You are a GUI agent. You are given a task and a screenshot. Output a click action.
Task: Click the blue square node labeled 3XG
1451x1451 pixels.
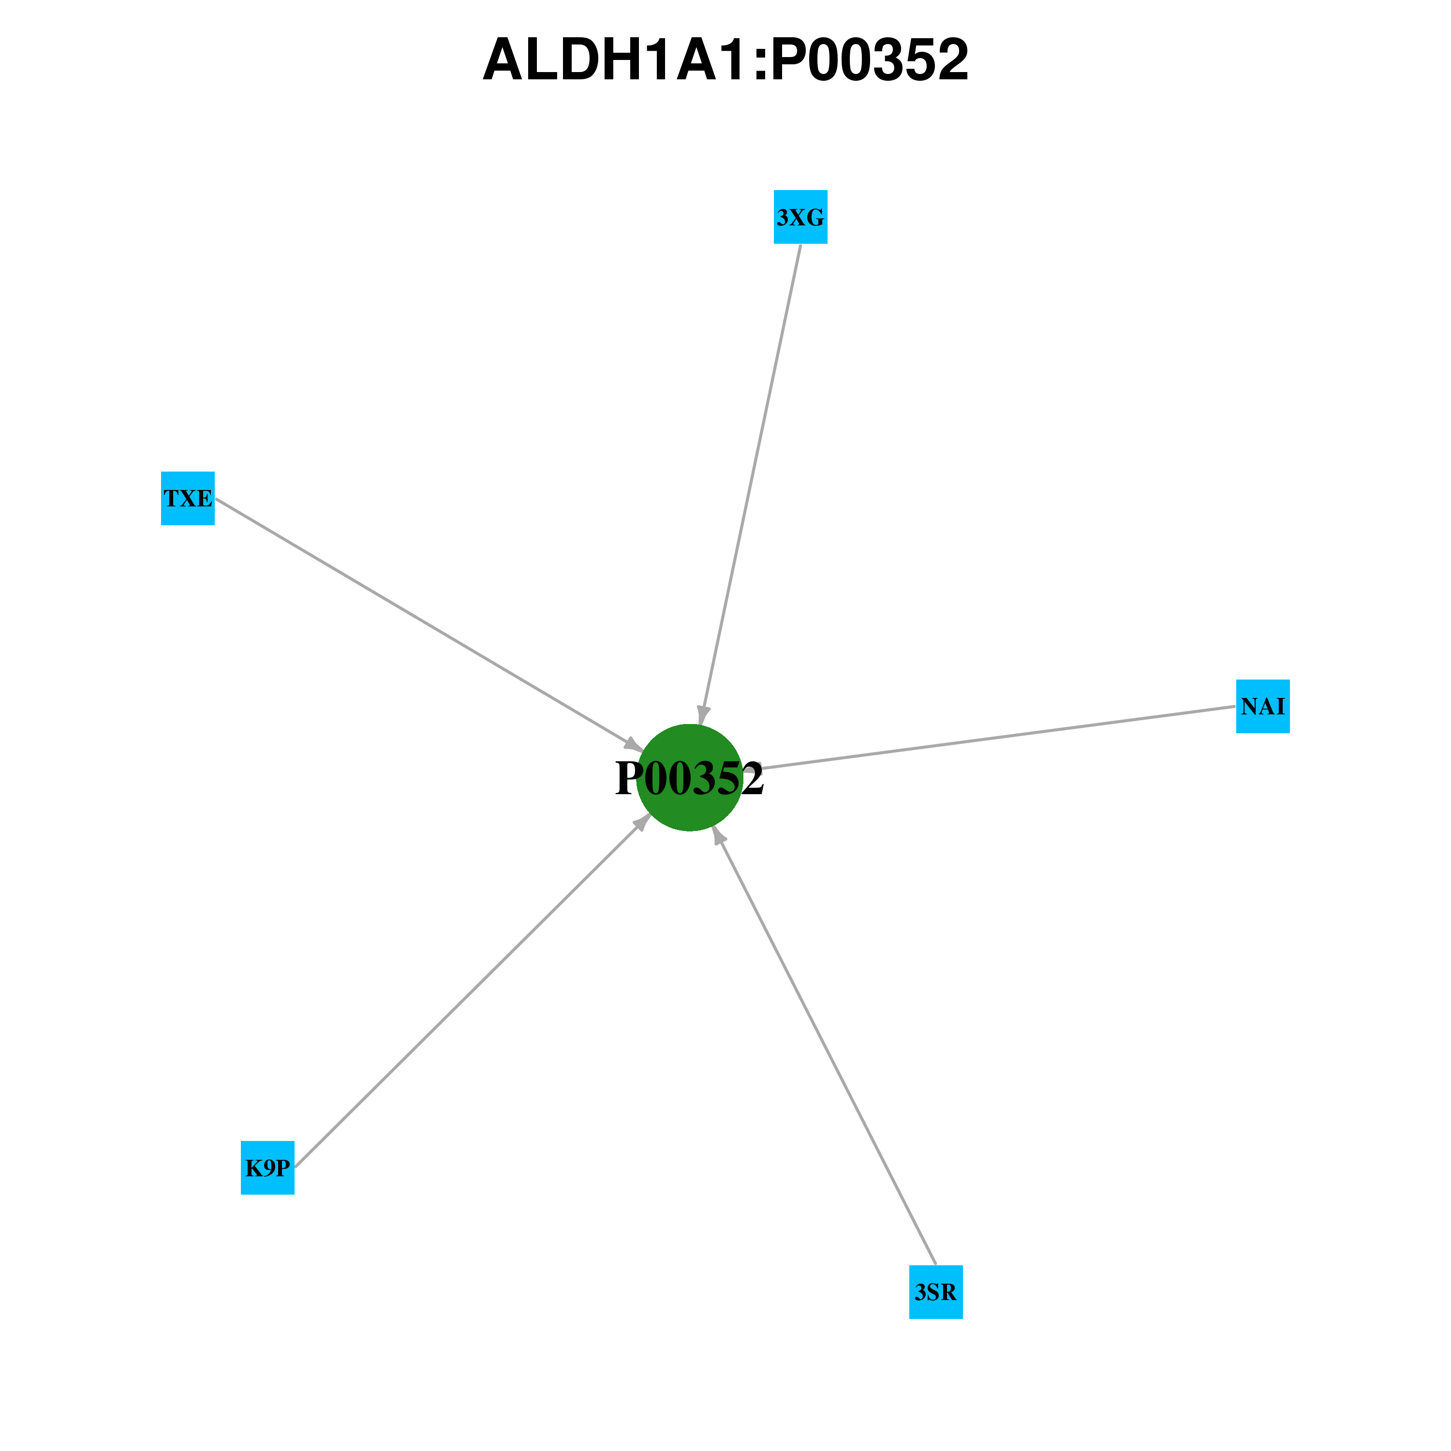800,217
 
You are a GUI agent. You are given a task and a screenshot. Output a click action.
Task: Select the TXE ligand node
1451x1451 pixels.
188,498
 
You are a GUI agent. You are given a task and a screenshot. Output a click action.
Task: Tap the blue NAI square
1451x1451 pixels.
1263,706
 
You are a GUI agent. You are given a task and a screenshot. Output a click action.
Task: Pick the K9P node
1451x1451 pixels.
267,1168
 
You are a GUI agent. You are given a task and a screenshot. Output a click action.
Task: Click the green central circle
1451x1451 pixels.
689,777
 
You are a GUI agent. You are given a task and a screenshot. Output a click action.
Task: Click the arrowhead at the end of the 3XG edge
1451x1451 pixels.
702,715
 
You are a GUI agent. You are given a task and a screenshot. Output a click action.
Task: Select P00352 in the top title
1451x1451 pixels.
870,59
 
